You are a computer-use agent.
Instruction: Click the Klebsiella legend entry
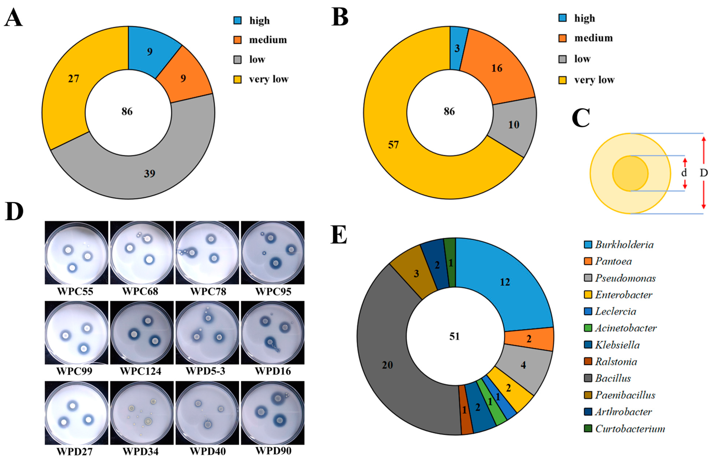[x=617, y=345]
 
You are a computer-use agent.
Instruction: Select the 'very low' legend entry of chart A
[x=268, y=79]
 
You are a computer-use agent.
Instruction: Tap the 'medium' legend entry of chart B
[x=593, y=38]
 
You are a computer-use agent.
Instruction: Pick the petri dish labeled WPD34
[x=141, y=413]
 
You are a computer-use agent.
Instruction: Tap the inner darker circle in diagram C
[x=630, y=173]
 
